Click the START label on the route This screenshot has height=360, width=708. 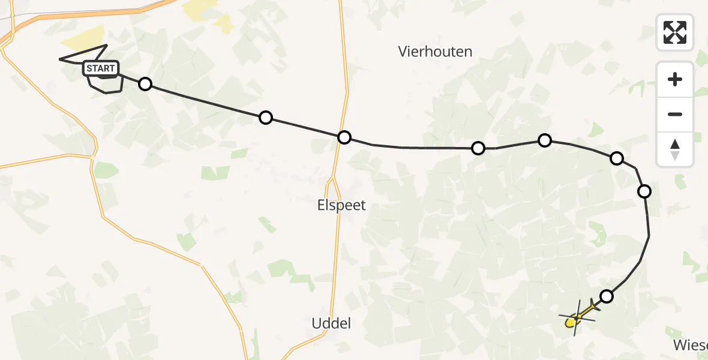point(101,68)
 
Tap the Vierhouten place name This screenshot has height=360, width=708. point(435,52)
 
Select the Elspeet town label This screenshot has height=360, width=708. point(341,205)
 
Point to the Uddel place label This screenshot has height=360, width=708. point(331,323)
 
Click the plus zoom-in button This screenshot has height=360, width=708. point(675,79)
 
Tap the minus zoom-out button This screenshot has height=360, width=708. point(675,114)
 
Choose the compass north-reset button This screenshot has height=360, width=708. point(675,149)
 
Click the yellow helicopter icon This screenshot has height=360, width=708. point(576,317)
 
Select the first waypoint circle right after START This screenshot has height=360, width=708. point(145,84)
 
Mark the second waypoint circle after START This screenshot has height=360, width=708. point(266,118)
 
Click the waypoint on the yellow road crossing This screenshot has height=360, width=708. point(344,137)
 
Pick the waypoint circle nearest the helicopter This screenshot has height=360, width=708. point(607,296)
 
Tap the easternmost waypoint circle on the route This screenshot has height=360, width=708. point(644,191)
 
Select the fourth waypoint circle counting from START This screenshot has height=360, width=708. point(478,148)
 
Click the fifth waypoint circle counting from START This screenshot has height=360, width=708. point(544,140)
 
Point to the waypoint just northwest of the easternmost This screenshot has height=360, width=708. point(616,158)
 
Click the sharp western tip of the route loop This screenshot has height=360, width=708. point(60,59)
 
